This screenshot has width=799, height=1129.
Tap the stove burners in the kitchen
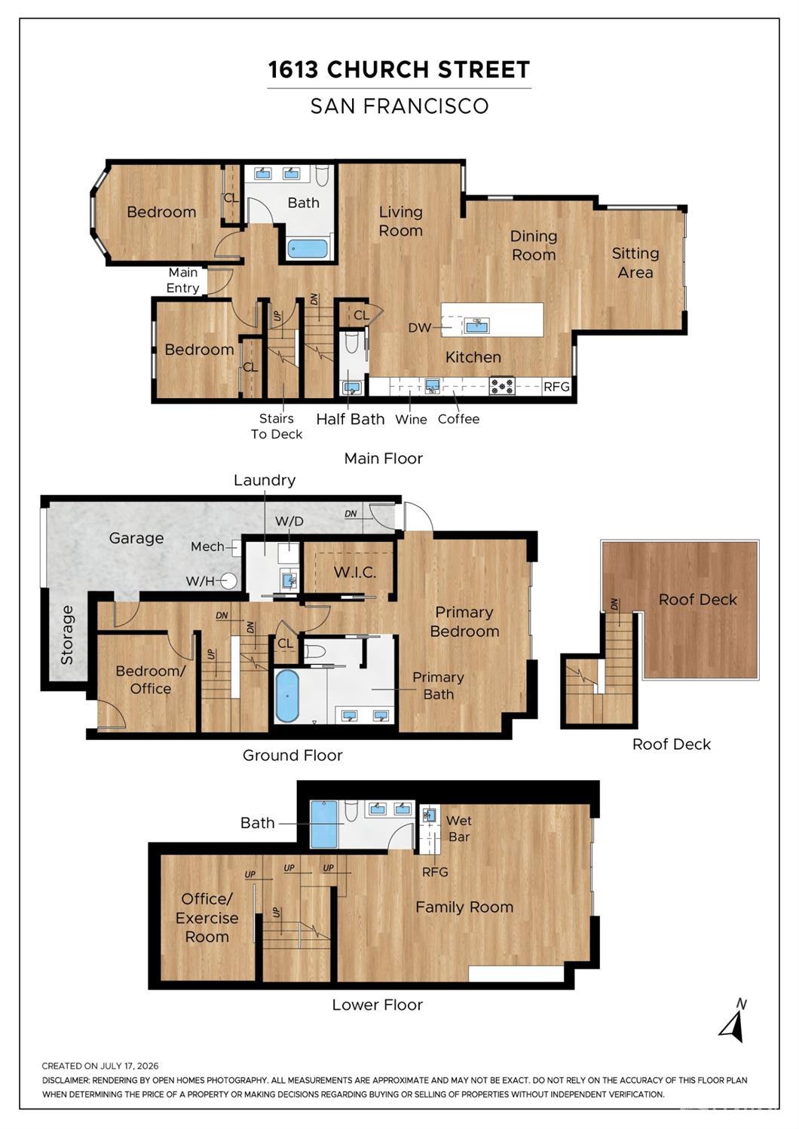click(x=502, y=386)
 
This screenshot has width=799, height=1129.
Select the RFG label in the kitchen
click(x=556, y=387)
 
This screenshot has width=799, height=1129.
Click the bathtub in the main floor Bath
click(x=308, y=249)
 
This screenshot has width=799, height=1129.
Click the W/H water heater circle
click(x=229, y=581)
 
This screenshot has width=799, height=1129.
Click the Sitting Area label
click(x=635, y=262)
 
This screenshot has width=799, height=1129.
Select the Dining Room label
click(x=534, y=246)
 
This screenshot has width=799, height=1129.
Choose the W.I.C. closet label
click(x=355, y=572)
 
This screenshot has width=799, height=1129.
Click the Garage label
click(x=136, y=538)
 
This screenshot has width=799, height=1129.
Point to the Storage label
click(x=67, y=635)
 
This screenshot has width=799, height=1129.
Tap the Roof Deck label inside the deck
click(x=698, y=599)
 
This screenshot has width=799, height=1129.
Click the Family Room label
click(x=464, y=907)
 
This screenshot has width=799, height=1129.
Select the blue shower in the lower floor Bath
click(x=323, y=824)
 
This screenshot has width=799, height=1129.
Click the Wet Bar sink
click(x=428, y=815)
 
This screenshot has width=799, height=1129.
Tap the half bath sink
click(x=352, y=388)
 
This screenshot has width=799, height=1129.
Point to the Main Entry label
click(x=183, y=280)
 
